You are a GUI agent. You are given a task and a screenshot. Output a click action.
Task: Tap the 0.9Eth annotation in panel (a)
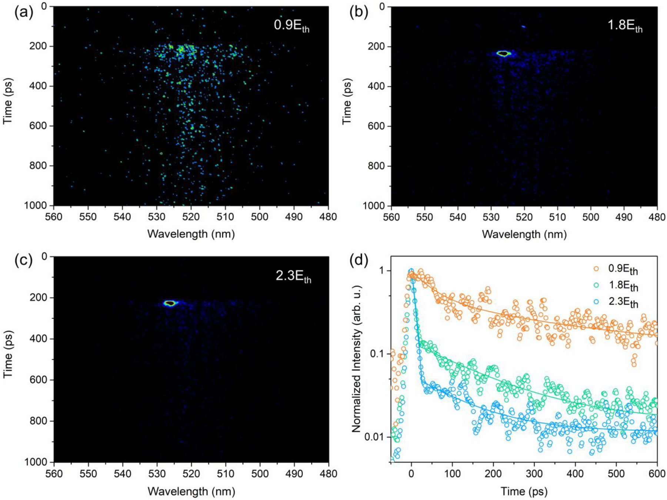tap(291, 26)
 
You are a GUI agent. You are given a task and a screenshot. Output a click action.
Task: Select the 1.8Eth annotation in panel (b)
tap(625, 26)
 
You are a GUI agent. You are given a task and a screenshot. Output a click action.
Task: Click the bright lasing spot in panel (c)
tap(170, 303)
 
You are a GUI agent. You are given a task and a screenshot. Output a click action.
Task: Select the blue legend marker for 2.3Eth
tap(596, 302)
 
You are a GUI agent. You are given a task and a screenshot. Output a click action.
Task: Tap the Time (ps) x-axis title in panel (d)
tap(524, 491)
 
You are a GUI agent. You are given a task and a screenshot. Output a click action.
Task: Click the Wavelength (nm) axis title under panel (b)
tap(524, 234)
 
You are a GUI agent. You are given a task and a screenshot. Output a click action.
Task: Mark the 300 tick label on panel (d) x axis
tap(534, 474)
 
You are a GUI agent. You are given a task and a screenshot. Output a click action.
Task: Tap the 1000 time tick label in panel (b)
tap(375, 206)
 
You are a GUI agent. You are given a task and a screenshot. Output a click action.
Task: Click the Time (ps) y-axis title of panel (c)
tap(8, 359)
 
